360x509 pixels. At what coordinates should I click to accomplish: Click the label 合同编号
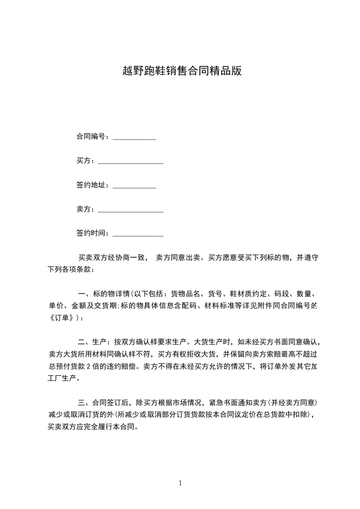91,137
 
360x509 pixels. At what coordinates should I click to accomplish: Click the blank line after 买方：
131,162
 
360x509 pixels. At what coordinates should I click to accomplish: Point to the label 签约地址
91,185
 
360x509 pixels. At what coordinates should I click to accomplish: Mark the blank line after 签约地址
134,187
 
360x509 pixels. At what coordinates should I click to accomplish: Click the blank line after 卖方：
131,211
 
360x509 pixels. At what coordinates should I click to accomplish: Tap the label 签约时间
91,233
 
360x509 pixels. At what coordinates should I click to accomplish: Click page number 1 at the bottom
180,483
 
